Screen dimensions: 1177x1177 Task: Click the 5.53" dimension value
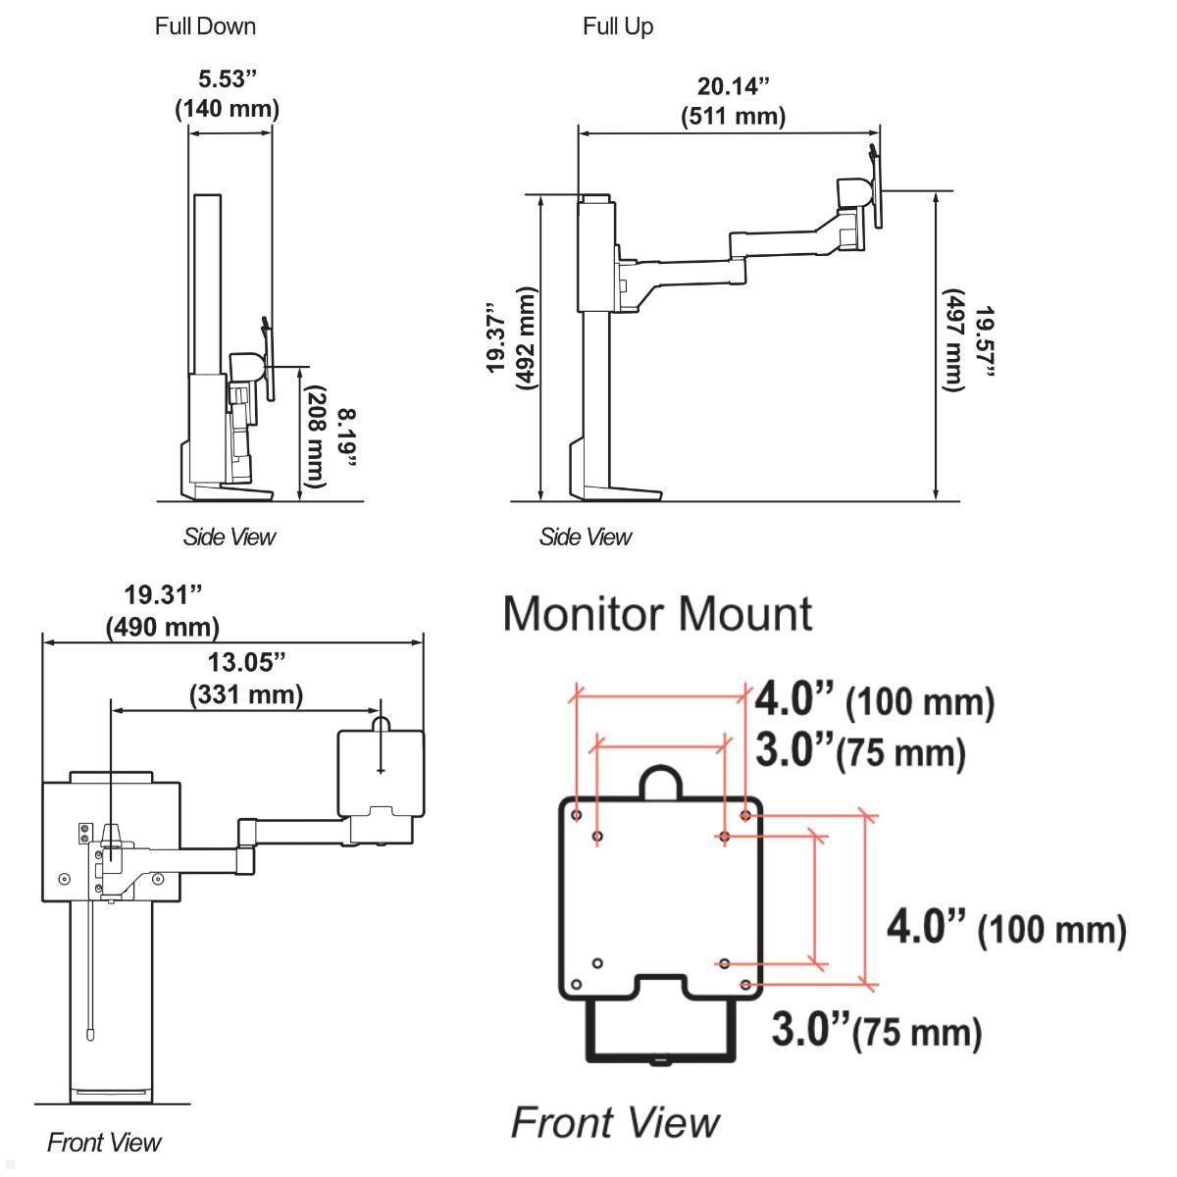point(227,78)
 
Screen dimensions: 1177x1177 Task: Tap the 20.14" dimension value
point(733,86)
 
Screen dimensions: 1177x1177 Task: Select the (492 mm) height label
point(527,338)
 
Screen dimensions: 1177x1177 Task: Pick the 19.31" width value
point(162,594)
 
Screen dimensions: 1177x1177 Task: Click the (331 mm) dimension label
point(245,694)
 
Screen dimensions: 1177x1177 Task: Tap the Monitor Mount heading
point(657,614)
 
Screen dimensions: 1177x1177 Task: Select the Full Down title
point(205,26)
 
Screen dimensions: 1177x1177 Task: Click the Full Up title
point(618,26)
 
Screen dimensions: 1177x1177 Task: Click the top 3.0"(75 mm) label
point(860,751)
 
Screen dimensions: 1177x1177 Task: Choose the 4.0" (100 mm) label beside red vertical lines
point(1006,927)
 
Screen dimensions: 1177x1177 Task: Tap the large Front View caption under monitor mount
point(615,1122)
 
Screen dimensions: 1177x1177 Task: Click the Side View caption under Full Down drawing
point(229,537)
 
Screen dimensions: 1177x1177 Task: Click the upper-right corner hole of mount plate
point(746,815)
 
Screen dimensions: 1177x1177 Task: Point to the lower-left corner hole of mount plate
point(577,984)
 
